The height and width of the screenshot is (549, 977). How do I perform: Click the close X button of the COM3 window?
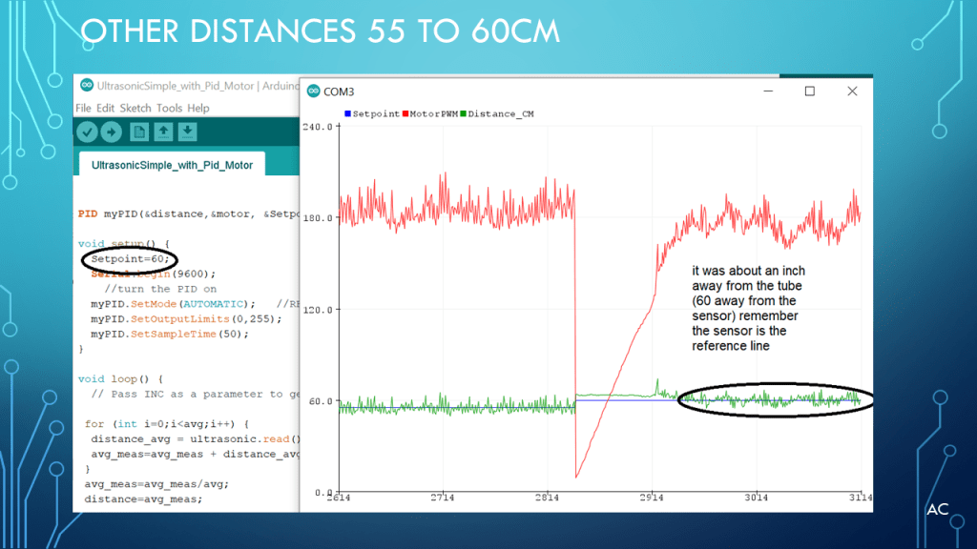[853, 91]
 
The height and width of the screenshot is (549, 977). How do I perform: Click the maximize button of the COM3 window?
[810, 91]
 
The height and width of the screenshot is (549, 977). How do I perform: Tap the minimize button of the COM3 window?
[767, 91]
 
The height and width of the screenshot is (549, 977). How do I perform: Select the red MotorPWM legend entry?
[434, 113]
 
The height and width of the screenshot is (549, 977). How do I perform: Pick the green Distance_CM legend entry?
[495, 113]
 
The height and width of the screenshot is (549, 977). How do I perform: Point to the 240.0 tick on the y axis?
[318, 127]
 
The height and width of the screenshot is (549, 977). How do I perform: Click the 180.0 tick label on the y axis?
[318, 218]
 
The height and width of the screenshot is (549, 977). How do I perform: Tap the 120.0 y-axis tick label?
[318, 310]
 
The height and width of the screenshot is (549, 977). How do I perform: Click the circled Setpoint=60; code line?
[129, 259]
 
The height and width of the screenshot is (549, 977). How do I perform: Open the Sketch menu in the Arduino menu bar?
[135, 109]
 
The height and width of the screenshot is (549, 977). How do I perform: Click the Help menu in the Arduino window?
[197, 109]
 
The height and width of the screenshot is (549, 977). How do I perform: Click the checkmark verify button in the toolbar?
[88, 132]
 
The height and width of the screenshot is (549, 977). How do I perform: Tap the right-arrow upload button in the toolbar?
[112, 132]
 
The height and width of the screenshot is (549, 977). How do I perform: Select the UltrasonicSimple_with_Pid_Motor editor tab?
[172, 165]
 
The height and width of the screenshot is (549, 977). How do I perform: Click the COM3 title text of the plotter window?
[339, 91]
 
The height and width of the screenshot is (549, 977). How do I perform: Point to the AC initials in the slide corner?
[937, 510]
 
